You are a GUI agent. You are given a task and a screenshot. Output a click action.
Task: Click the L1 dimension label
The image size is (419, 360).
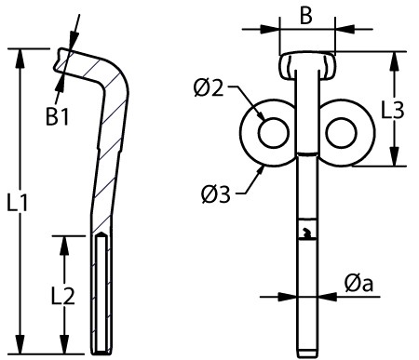coord(18,203)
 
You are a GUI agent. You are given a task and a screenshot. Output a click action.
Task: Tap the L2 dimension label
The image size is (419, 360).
coord(62,296)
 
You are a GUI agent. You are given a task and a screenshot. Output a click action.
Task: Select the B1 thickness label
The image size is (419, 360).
coord(58,116)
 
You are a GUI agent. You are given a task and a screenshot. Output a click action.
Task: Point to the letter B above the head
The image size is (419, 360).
coord(306,15)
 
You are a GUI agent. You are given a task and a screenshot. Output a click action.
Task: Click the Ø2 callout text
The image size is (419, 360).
coord(209,88)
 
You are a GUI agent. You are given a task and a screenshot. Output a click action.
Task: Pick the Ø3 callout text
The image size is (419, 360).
coord(216,194)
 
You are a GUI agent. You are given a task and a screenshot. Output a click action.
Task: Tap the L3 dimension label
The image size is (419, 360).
coord(393,110)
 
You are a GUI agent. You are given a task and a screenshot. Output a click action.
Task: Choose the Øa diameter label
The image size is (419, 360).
coord(358,283)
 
